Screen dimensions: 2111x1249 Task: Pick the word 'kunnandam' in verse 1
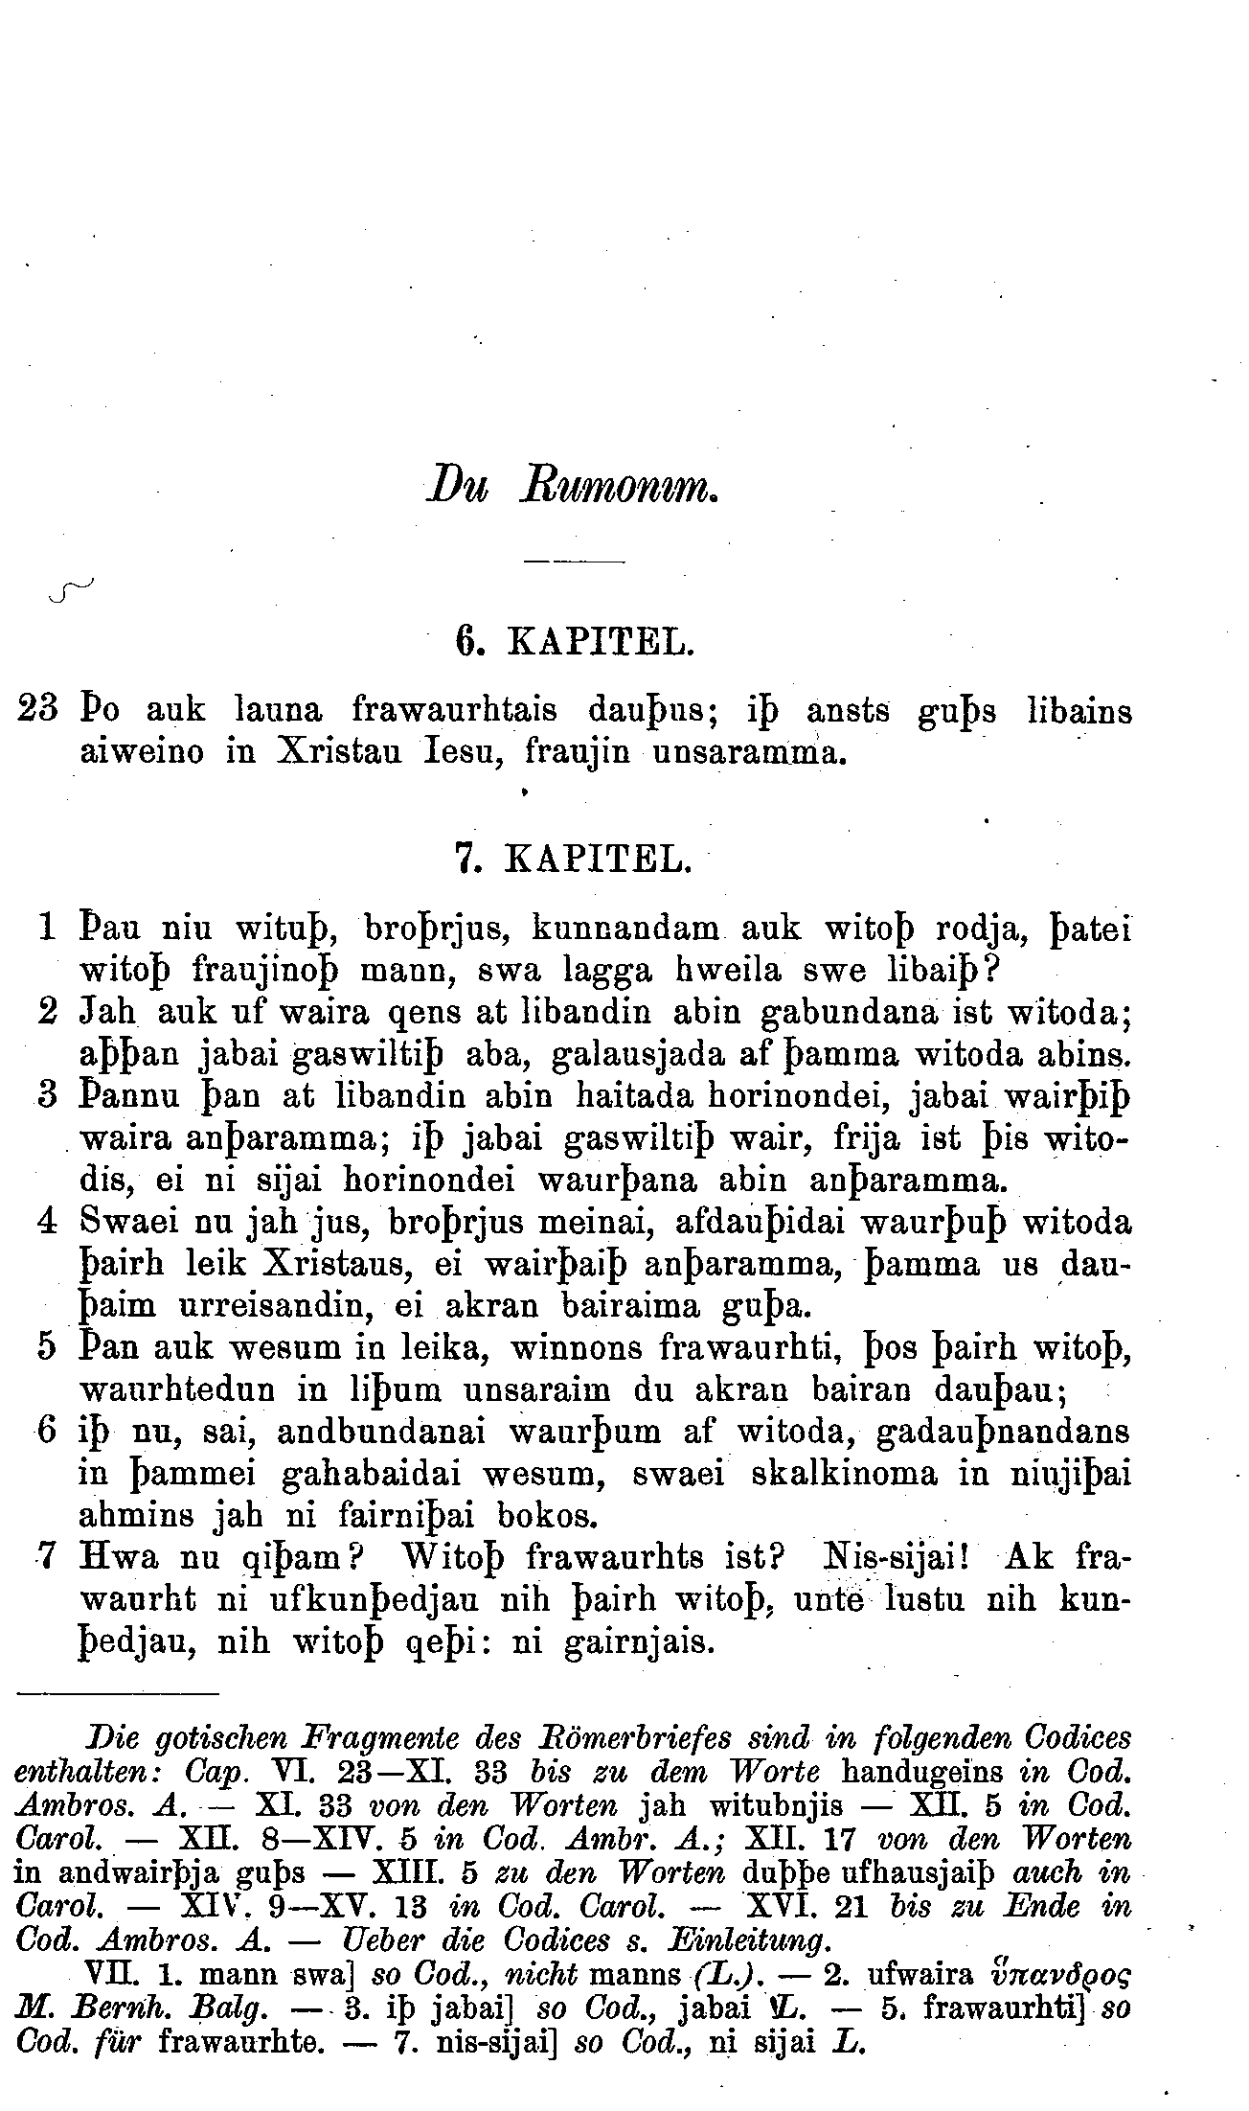coord(625,928)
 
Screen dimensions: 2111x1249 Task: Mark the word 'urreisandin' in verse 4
coord(296,1305)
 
